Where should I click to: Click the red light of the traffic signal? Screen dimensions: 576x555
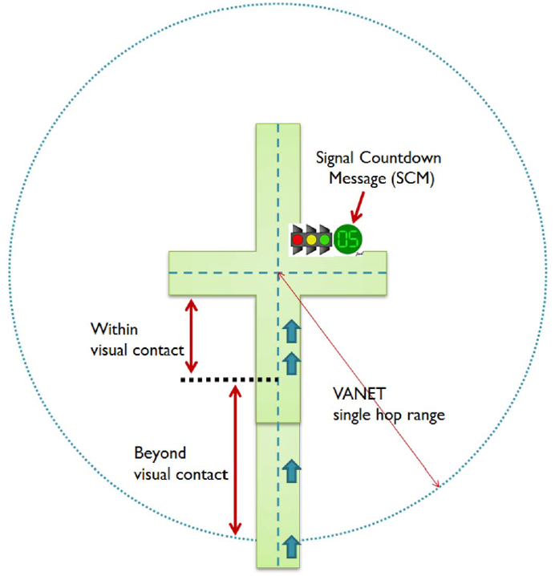point(298,239)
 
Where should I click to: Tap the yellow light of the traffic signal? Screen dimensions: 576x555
point(311,239)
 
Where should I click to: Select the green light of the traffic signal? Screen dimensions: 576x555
point(324,239)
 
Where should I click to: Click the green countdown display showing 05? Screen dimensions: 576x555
point(348,238)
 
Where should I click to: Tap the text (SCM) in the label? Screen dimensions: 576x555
point(412,180)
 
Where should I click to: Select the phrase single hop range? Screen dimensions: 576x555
point(388,416)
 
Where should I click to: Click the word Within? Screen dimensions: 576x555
point(114,329)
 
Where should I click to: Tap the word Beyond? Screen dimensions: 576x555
point(160,453)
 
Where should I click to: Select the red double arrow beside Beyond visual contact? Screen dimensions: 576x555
point(235,460)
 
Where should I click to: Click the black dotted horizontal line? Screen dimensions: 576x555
point(229,379)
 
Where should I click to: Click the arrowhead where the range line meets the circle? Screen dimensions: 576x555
point(438,485)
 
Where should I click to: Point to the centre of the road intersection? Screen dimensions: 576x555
point(277,273)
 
